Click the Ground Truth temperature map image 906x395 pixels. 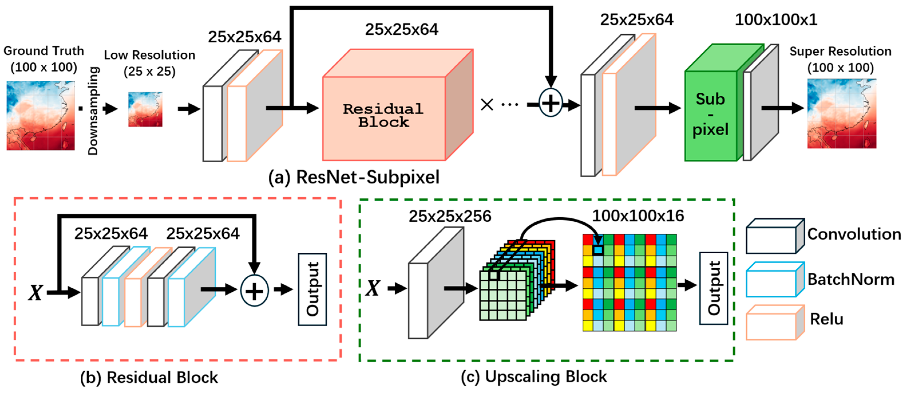coord(41,115)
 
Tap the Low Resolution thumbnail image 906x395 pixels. coord(145,109)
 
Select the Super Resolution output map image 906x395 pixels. coord(842,114)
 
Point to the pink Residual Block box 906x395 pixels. coord(398,104)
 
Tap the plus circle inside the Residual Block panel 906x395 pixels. coord(254,291)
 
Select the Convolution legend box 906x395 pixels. coord(775,236)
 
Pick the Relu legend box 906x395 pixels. coord(775,323)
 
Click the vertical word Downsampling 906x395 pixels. coord(93,110)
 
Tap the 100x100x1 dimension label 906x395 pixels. coord(776,20)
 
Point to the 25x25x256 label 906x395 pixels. coord(450,216)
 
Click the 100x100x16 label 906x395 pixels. coord(638,216)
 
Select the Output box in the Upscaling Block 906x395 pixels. coord(714,288)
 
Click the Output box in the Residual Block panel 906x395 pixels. coord(312,289)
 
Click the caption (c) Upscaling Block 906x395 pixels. coord(534,377)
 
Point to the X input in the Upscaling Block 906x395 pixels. coord(373,288)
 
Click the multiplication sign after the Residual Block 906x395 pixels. coord(487,104)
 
